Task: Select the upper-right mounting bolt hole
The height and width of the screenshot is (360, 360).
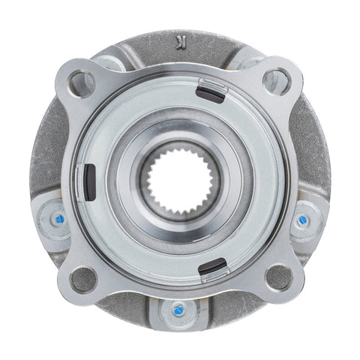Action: click(277, 79)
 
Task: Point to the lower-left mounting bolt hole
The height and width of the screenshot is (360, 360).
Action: click(82, 279)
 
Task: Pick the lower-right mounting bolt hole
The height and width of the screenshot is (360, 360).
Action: click(278, 278)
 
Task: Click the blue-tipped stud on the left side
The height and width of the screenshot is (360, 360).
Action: click(57, 220)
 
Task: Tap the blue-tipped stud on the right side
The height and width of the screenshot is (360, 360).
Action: click(303, 220)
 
